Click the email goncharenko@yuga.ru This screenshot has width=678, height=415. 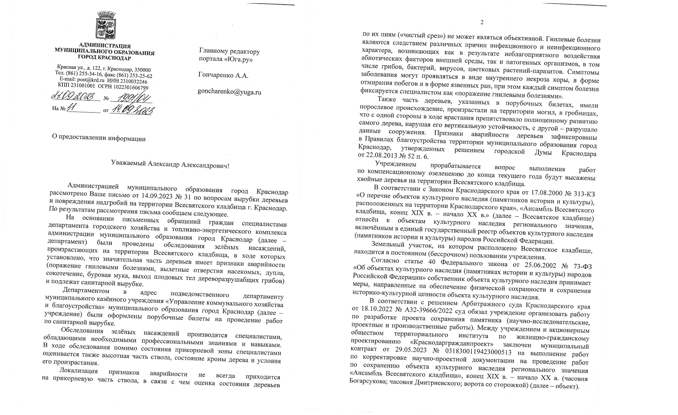point(229,92)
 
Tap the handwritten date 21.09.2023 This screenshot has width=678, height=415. point(75,97)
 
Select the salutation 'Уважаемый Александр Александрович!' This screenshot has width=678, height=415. point(169,165)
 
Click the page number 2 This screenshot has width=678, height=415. point(482,23)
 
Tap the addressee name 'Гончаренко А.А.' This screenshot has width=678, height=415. point(223,76)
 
